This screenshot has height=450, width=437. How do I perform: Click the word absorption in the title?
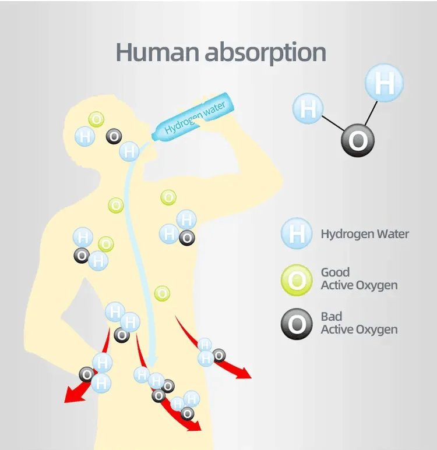click(x=265, y=52)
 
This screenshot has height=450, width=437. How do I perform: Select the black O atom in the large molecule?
click(x=357, y=140)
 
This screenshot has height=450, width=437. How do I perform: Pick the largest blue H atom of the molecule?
click(x=384, y=83)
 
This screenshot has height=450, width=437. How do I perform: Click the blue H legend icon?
click(x=297, y=234)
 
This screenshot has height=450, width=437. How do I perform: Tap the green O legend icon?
click(x=297, y=280)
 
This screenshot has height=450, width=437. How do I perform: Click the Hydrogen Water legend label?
click(x=365, y=234)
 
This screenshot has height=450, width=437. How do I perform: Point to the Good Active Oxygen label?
click(x=359, y=279)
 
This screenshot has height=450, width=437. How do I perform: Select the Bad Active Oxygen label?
click(x=359, y=323)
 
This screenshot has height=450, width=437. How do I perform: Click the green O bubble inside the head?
click(x=97, y=119)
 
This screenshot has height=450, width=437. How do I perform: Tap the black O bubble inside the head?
click(x=114, y=137)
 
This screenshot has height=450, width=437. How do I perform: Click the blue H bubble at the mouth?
click(x=129, y=152)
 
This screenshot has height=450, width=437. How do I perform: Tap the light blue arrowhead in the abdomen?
click(x=151, y=363)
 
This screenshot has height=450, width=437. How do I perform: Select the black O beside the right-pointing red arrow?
click(x=219, y=355)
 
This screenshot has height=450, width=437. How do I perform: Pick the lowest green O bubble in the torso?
click(x=163, y=293)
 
